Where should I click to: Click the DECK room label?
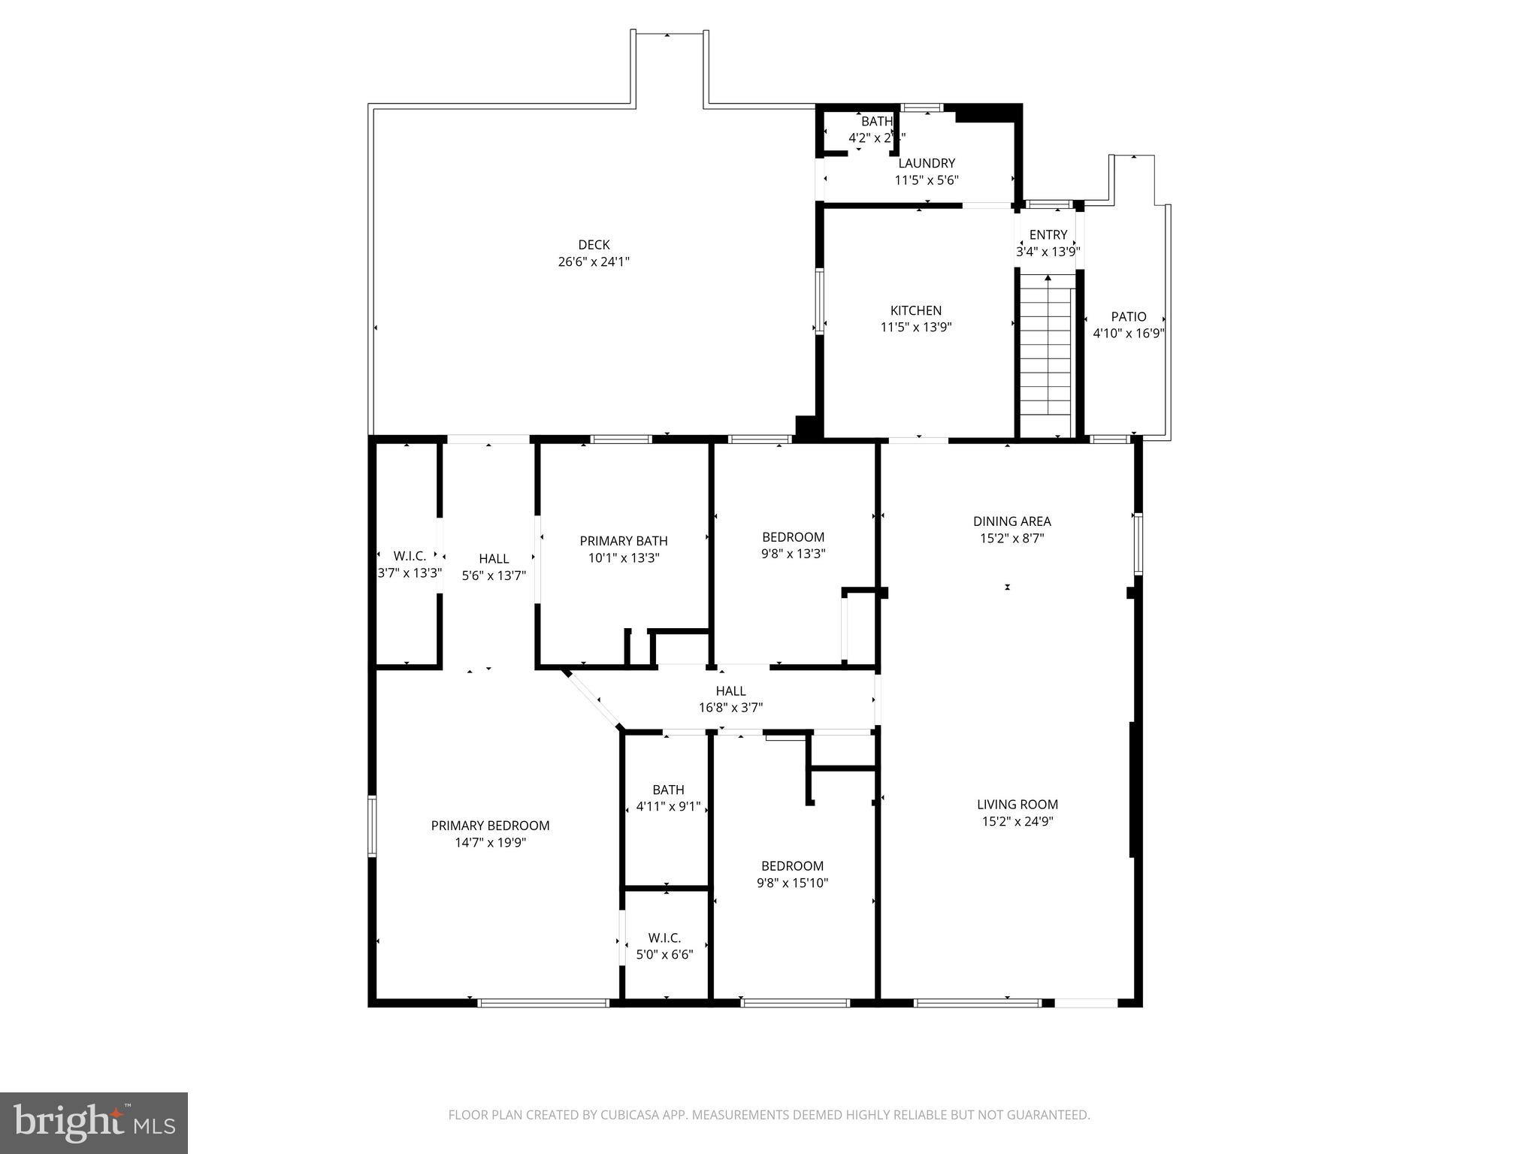[594, 244]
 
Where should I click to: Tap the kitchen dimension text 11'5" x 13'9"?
[915, 328]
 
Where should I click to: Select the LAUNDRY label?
[927, 163]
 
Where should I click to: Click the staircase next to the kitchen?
[1045, 353]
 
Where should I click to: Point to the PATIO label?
[1129, 316]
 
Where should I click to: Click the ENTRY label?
[1048, 234]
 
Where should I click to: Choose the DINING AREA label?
[1011, 521]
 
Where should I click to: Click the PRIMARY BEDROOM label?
[490, 825]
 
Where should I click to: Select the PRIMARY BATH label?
[623, 540]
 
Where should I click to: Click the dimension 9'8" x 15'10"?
[792, 883]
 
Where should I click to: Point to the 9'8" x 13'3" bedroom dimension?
[792, 554]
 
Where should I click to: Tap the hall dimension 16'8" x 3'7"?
[730, 707]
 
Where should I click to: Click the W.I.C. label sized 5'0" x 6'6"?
[664, 938]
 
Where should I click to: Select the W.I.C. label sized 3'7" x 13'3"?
[410, 556]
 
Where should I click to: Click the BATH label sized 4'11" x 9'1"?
[668, 790]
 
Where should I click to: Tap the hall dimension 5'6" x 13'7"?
[494, 575]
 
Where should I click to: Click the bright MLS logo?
[94, 1122]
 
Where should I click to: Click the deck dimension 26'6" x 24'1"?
[594, 262]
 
